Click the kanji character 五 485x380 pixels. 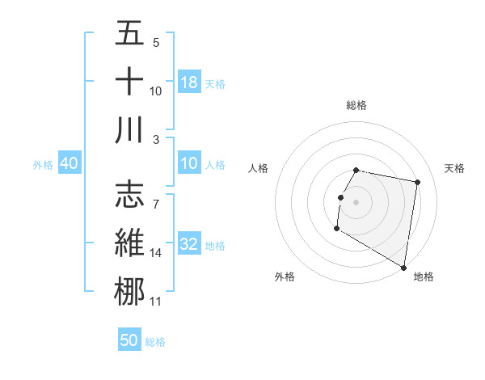[129, 33]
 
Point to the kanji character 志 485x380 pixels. [129, 194]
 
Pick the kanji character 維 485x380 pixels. [129, 243]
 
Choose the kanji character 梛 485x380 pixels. [129, 291]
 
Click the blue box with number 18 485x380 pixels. [189, 82]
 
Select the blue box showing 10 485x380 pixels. [189, 164]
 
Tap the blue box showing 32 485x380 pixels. [189, 245]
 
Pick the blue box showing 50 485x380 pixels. [129, 340]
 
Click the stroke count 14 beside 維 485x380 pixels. [156, 253]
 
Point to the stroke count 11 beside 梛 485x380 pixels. [156, 302]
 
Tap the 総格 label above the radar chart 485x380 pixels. [356, 105]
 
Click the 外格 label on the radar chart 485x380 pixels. [285, 277]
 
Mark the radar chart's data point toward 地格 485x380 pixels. [403, 267]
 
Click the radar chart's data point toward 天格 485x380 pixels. [417, 184]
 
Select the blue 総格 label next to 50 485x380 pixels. [155, 342]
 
